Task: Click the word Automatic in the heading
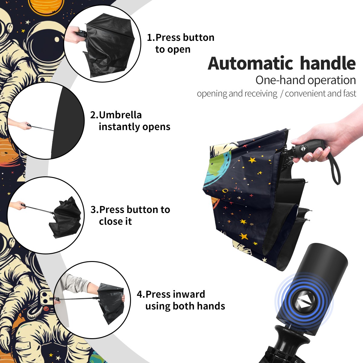[x=250, y=64]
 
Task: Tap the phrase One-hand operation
[x=306, y=80]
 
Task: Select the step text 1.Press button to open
[x=181, y=43]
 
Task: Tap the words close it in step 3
[x=115, y=221]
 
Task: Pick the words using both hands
[x=185, y=306]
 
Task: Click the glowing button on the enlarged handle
[x=303, y=301]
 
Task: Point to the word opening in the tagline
[x=212, y=94]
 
